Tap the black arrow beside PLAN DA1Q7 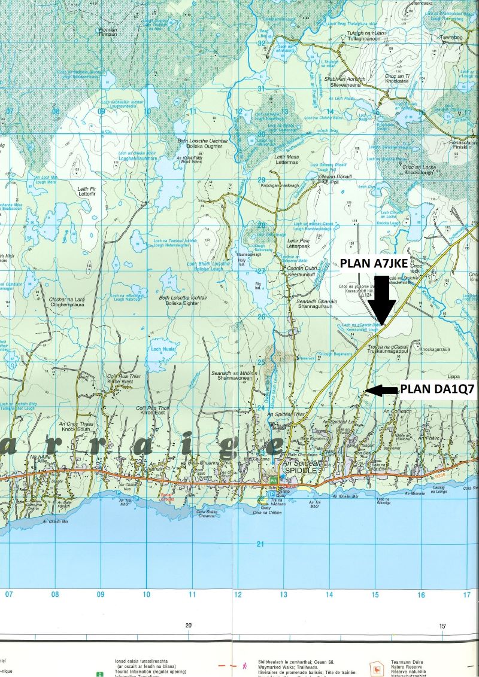381,391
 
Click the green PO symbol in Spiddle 273,480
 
